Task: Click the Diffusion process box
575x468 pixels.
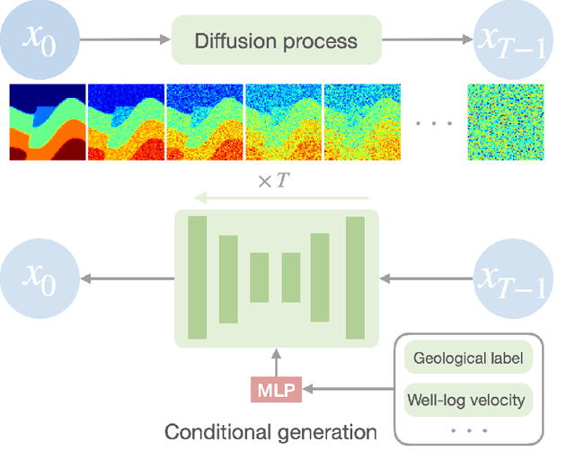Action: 276,40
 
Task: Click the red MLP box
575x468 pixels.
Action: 276,389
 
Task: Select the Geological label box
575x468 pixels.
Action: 466,359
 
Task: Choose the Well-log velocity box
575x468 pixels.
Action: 466,399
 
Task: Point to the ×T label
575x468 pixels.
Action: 273,181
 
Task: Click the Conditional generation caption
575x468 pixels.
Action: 270,432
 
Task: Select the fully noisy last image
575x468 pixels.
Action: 505,122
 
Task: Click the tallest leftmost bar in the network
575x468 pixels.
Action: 197,278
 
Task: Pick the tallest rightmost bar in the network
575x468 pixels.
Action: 355,278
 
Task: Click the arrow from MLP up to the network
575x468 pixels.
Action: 276,363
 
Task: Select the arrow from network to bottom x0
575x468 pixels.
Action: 126,278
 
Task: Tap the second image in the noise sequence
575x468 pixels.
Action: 126,122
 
